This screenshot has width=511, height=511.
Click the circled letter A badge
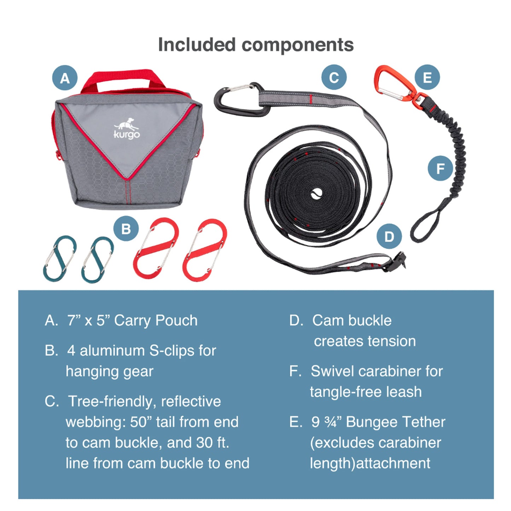click(x=65, y=78)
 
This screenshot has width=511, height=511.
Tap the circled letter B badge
click(x=126, y=229)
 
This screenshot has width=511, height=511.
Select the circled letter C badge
click(x=334, y=77)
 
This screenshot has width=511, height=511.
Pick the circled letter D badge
click(x=389, y=236)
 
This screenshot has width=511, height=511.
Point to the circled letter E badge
click(x=427, y=77)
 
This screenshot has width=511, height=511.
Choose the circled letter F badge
click(x=440, y=168)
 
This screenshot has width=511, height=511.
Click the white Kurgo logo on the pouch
click(x=127, y=129)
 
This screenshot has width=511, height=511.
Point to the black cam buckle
click(x=395, y=262)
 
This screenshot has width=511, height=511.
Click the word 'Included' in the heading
click(x=197, y=45)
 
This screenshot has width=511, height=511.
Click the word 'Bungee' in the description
click(x=371, y=422)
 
